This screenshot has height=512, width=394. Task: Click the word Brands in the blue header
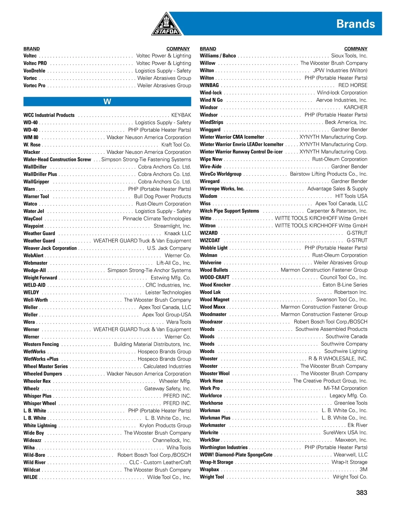pos(355,24)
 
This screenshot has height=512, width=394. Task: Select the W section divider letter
pos(107,102)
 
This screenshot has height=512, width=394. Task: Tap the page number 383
pos(361,492)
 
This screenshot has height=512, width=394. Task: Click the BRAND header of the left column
pos(32,49)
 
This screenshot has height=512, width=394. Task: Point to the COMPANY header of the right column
pos(356,49)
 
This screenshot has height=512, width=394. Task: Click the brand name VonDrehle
pos(34,71)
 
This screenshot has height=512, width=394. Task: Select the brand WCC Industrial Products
pos(49,115)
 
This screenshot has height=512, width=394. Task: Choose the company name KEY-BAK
pos(181,115)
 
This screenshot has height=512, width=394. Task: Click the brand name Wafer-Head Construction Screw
pos(57,159)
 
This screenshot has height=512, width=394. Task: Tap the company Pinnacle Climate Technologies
pos(157,219)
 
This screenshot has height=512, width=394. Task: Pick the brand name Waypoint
pos(33,226)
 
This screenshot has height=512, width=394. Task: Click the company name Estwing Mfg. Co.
pos(171,278)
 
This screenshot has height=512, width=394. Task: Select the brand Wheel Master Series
pos(45,366)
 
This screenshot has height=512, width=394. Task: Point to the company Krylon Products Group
pos(165,425)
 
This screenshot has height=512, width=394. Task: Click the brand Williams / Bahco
pos(218,56)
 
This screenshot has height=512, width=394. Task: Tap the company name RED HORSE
pos(353,85)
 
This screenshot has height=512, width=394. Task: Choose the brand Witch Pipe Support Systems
pos(229,211)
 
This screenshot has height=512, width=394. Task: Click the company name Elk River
pos(357,425)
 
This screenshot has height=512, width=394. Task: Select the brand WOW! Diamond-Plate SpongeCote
pos(236,455)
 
